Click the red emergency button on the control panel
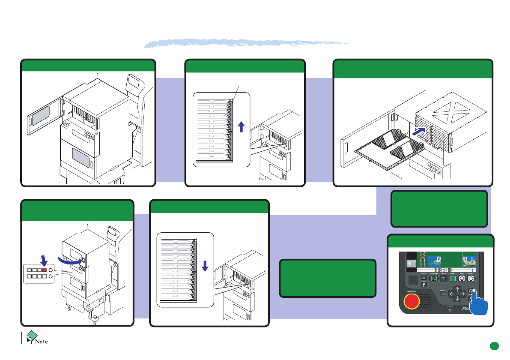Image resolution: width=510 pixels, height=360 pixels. (412, 301)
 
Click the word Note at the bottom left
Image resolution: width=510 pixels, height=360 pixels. (42, 342)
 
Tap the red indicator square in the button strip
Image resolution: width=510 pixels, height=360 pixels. (45, 270)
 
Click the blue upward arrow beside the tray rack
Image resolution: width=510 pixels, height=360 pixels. (241, 127)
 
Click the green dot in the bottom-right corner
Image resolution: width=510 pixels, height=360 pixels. (494, 345)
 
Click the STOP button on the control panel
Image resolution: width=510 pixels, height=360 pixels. (462, 278)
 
